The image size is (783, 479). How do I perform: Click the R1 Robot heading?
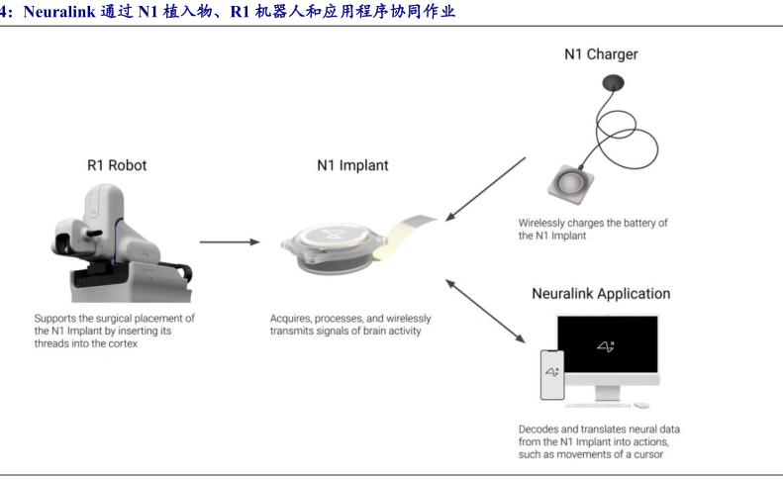117,165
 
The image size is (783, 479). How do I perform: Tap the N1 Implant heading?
352,165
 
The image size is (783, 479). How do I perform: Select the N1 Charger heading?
601,54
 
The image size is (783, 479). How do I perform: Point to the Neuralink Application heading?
601,294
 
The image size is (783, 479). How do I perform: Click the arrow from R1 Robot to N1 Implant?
230,241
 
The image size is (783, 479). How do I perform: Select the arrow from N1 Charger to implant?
485,189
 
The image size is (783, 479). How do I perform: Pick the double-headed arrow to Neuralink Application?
485,311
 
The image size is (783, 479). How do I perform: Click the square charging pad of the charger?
571,184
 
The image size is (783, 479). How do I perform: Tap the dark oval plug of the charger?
613,82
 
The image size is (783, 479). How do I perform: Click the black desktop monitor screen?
608,344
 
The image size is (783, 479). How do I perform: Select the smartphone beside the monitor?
552,375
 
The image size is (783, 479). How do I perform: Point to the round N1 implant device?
334,248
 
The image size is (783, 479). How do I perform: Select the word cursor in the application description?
648,454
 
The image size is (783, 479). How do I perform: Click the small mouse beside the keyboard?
641,405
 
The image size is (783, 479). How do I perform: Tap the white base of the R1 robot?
131,284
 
